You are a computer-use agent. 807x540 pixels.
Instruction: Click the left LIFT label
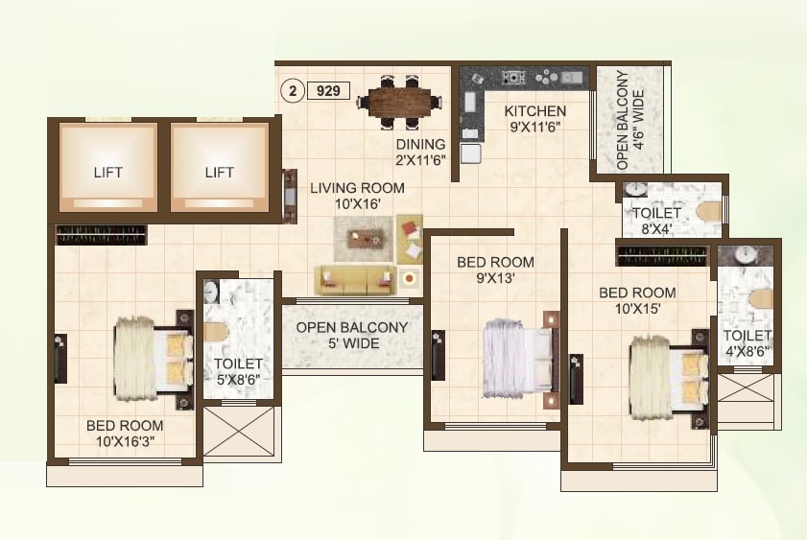108,173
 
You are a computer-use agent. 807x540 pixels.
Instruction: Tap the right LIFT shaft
219,164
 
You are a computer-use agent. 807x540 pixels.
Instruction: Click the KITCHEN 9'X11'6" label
534,118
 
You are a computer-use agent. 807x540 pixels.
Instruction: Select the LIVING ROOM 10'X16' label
357,196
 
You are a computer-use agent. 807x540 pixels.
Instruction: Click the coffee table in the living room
363,236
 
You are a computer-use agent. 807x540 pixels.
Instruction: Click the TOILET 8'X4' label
656,221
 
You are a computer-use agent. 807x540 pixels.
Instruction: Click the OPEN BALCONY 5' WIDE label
351,335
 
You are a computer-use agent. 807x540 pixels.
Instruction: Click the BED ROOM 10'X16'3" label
125,434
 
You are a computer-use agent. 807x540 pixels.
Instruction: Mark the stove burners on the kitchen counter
514,78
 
